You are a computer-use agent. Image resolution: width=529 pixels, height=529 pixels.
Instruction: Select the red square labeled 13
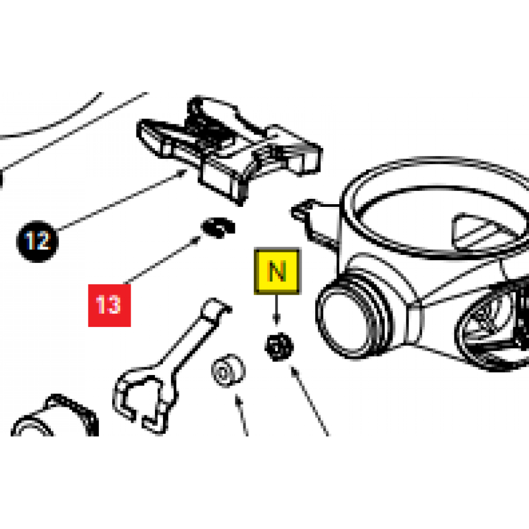click(109, 305)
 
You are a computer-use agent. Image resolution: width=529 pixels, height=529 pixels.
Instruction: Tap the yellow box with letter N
click(277, 271)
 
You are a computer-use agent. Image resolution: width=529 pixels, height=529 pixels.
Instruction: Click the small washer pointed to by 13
click(217, 227)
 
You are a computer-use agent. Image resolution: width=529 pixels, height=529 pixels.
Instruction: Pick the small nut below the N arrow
click(279, 348)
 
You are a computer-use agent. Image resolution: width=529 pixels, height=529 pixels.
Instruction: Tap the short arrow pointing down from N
click(277, 309)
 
